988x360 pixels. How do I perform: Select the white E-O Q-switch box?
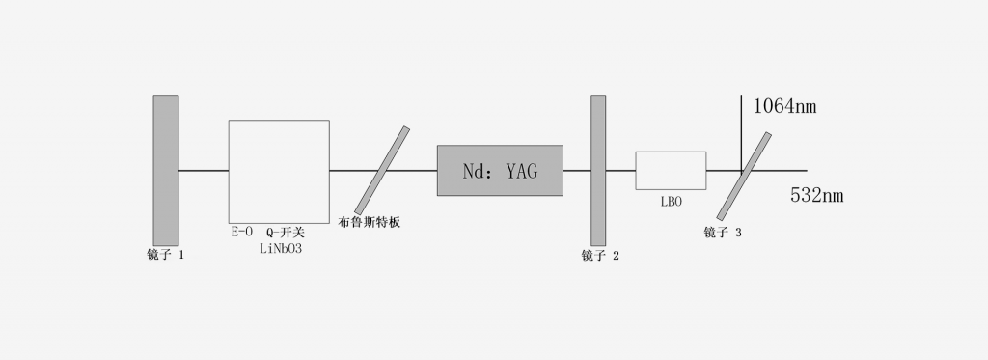coord(279,171)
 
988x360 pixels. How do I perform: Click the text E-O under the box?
coord(241,233)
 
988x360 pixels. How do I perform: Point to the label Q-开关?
coord(285,233)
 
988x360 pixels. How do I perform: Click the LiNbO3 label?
coord(281,249)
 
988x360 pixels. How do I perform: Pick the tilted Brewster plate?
coord(381,171)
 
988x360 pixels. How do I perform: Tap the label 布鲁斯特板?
coord(370,223)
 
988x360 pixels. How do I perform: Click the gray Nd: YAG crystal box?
coord(500,171)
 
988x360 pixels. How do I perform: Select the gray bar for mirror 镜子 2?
coord(598,171)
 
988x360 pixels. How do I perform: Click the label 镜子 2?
coord(600,256)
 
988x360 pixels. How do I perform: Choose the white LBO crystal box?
coord(670,171)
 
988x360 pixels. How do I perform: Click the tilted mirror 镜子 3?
coord(744,176)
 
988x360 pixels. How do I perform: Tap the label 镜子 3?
coord(724,233)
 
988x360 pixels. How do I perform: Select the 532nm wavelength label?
coord(816,196)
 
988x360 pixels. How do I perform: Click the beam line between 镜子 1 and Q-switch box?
coord(204,171)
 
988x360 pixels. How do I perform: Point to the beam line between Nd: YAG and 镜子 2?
coord(576,171)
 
